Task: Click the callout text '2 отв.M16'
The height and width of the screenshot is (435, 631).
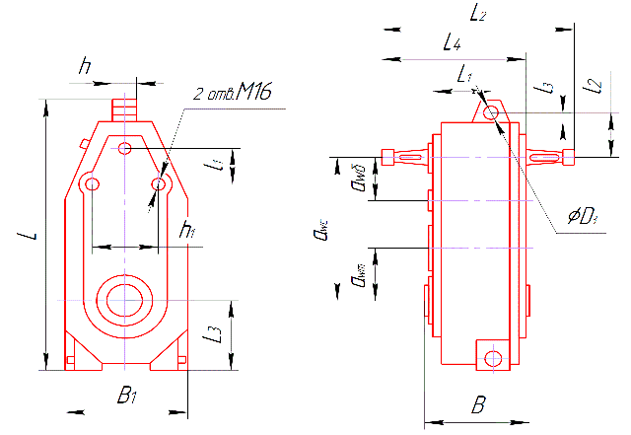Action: pos(231,94)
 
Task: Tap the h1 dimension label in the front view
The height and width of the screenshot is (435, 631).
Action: pos(185,230)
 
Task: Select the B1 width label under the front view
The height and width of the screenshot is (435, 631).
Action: pos(126,397)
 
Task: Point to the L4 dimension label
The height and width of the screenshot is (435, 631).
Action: pos(452,43)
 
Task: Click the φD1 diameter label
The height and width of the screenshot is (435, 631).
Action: pos(585,217)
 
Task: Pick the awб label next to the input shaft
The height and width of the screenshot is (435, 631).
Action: pos(357,181)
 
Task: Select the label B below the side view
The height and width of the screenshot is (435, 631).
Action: pos(478,404)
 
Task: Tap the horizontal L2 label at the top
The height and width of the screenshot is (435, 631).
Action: pos(479,13)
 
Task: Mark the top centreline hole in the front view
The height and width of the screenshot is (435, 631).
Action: pos(123,149)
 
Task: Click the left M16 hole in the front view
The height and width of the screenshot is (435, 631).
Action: pos(92,184)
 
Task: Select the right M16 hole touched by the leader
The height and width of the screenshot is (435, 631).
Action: pos(158,184)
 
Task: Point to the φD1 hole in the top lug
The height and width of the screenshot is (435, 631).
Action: pos(491,112)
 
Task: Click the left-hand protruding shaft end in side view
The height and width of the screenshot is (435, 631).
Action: pos(404,155)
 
